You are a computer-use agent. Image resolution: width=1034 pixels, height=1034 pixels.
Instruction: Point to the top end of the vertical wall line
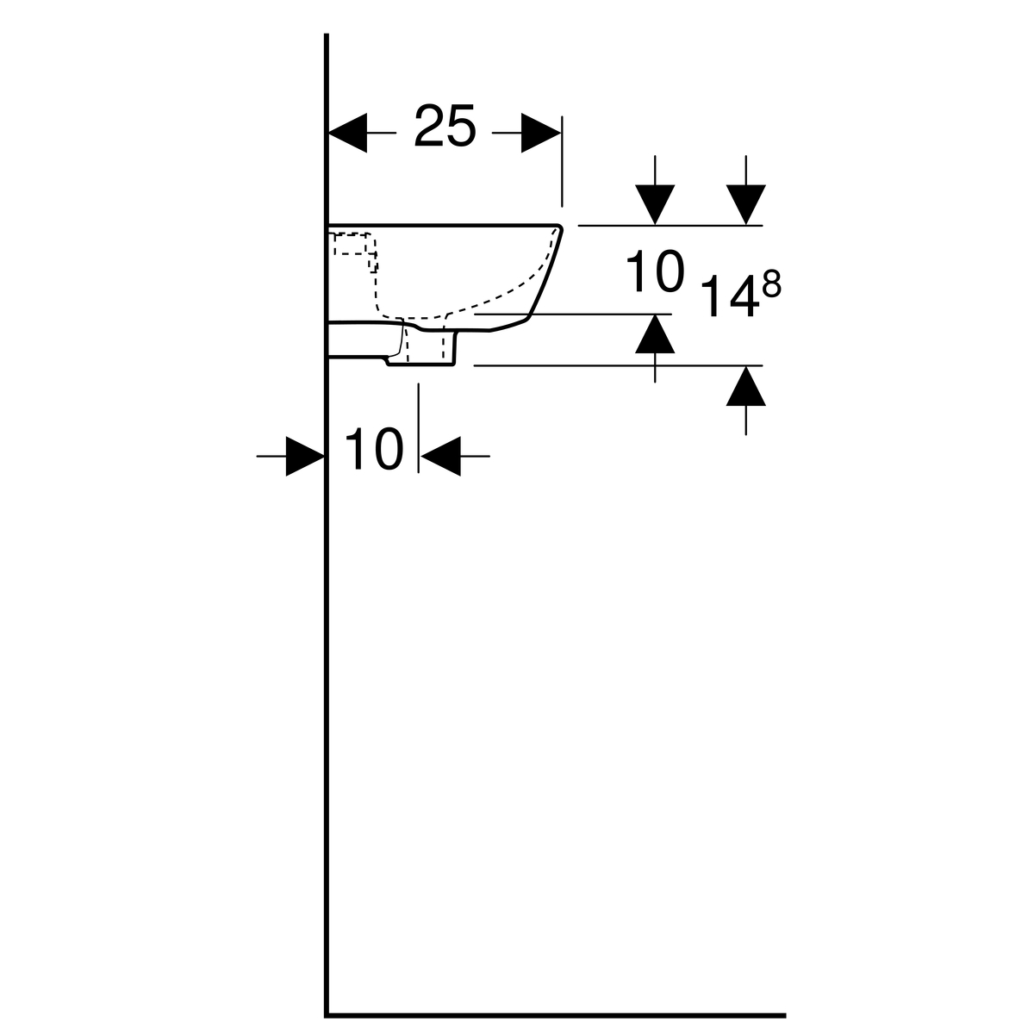point(327,34)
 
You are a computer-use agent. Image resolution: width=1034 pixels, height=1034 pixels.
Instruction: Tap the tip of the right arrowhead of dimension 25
point(561,133)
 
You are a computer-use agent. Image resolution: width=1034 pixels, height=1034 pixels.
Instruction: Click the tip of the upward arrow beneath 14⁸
point(746,366)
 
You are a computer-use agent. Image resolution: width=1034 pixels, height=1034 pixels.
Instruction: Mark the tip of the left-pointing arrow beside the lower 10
point(420,456)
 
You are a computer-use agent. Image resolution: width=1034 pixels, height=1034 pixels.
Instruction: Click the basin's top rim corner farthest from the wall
point(560,226)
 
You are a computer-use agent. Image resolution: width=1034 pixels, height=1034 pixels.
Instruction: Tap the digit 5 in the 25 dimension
point(460,126)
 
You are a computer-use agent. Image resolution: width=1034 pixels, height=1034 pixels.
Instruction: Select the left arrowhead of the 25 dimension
point(348,133)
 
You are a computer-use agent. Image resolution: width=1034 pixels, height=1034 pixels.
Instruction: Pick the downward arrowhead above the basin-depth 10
point(655,204)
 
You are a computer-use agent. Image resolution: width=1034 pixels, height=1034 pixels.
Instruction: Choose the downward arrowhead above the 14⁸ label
point(746,204)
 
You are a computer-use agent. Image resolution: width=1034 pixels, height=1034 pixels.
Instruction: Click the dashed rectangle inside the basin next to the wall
point(351,244)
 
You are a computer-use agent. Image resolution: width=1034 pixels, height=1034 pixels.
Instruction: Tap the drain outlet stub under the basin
point(421,348)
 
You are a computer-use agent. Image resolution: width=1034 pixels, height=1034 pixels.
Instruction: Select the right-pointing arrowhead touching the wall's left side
point(305,456)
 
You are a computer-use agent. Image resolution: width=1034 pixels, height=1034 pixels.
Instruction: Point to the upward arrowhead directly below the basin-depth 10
point(655,333)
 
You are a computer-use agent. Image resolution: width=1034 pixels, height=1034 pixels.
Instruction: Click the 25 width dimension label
point(445,126)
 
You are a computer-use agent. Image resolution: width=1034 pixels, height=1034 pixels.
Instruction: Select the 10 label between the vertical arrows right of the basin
point(656,271)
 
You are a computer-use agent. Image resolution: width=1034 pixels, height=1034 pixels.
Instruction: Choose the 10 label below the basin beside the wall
point(374,449)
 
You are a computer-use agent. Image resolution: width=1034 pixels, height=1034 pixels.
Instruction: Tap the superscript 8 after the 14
point(771,283)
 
